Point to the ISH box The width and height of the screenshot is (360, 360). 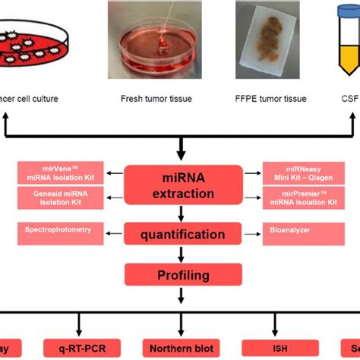[x=271, y=349]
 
